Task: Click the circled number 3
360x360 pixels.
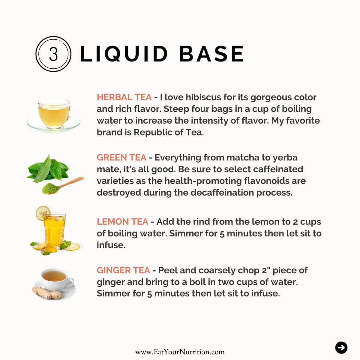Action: point(53,54)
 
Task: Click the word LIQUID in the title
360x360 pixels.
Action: point(124,54)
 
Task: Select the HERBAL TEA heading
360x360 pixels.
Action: point(124,97)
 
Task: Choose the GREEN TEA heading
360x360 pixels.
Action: point(121,157)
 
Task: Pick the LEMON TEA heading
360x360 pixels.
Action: point(122,222)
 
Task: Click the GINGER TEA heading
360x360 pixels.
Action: point(123,270)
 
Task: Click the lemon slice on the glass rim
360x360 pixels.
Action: point(42,213)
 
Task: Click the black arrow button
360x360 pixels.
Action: point(341,348)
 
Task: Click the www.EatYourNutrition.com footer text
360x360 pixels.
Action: point(180,352)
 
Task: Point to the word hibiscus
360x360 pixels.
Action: point(205,97)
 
